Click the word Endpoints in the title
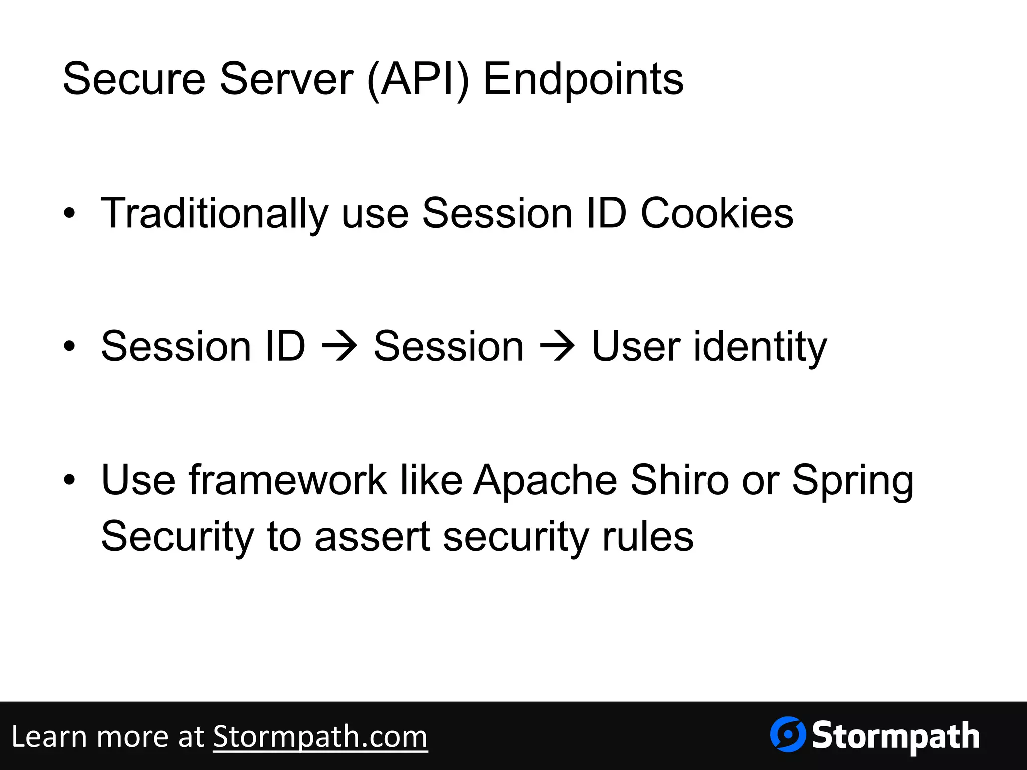(x=583, y=79)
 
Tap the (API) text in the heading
(x=418, y=79)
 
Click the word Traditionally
(x=215, y=214)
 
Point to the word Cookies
(x=717, y=214)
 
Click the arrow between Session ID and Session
(x=339, y=346)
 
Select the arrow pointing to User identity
(x=557, y=346)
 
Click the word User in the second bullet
(x=636, y=346)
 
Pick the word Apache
(x=546, y=480)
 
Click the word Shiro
(x=679, y=480)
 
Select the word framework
(x=288, y=480)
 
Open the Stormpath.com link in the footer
(x=320, y=737)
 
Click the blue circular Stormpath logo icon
(x=788, y=735)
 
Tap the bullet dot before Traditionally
(x=69, y=214)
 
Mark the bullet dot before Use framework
(x=69, y=480)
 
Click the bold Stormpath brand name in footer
(x=896, y=736)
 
